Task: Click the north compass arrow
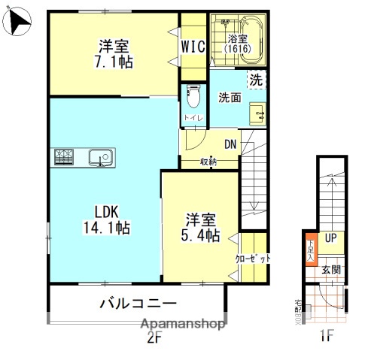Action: tap(17, 23)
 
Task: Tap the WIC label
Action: tap(193, 46)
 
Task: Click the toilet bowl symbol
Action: tap(193, 95)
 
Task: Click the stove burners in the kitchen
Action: tap(62, 157)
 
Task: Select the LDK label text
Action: tap(107, 210)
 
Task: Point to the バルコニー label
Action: tap(139, 304)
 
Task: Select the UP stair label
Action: tap(330, 238)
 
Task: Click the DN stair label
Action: tap(231, 145)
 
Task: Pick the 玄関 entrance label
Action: tap(331, 268)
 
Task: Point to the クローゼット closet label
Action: tap(252, 258)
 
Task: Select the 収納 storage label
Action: tap(208, 162)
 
